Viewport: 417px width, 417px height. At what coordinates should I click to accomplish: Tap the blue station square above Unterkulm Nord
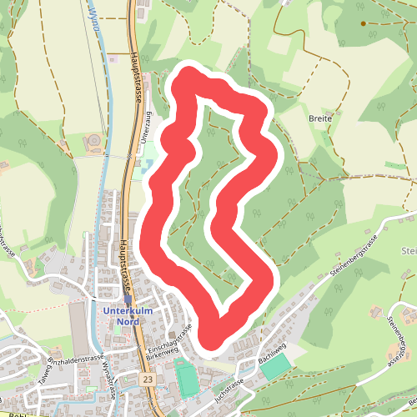point(128,299)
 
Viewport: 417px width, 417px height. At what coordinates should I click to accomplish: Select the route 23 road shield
point(148,379)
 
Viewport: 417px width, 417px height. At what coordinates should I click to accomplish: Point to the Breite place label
point(319,118)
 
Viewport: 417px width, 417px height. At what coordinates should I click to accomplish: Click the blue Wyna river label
point(93,15)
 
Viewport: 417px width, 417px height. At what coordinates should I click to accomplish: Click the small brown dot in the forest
point(363,23)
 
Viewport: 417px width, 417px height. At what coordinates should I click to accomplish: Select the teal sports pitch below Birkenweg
point(188,379)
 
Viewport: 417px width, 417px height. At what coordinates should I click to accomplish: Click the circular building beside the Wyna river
point(93,139)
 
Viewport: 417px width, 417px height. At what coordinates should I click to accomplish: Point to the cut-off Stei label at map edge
point(409,251)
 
